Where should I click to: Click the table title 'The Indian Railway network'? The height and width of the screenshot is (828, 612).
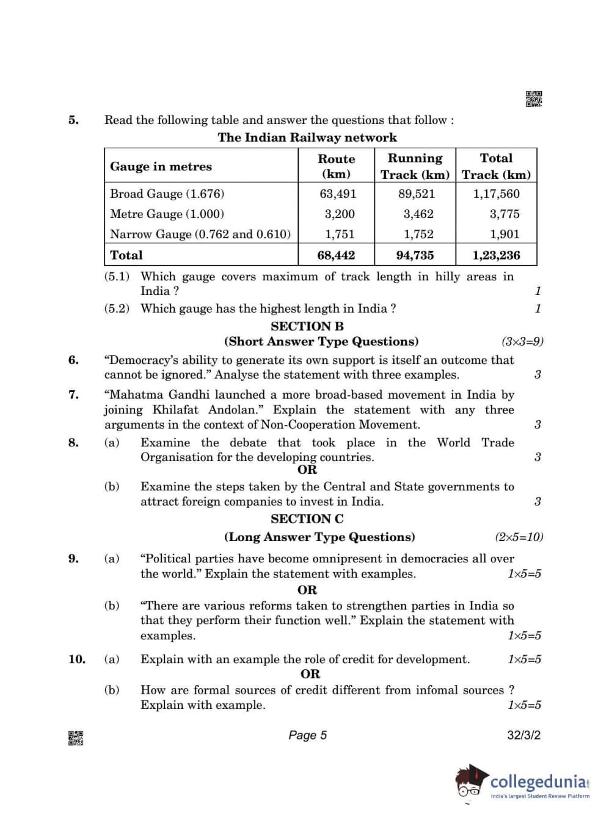(307, 137)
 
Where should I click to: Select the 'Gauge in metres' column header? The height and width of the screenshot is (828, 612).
(161, 167)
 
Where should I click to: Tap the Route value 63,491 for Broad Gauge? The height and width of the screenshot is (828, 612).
(338, 194)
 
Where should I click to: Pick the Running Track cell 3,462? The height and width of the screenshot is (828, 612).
(418, 214)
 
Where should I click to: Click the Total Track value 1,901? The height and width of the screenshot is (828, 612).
(505, 234)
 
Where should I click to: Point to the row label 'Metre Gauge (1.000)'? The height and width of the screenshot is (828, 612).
(167, 214)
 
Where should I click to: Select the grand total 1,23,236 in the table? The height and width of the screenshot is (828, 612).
(496, 255)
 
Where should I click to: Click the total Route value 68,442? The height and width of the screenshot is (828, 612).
(336, 255)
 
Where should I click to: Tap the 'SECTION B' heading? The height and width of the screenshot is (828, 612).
(307, 326)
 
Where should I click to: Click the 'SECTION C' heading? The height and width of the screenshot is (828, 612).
(307, 518)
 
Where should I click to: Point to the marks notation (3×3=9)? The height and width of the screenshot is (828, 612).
(522, 341)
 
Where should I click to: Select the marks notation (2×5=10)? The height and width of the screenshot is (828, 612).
(519, 537)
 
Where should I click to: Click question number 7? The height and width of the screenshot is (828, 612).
(73, 394)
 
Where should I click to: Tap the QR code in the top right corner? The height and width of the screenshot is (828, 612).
(534, 99)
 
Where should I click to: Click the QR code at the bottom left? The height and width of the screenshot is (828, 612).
(76, 738)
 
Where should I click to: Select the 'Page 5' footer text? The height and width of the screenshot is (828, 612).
(307, 735)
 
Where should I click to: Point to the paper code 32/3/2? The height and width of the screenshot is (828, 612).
(523, 735)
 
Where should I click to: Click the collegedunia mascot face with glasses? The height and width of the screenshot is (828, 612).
(470, 783)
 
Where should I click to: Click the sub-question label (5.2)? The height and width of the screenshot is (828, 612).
(117, 308)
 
